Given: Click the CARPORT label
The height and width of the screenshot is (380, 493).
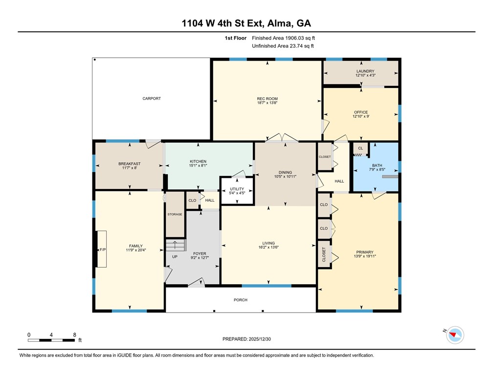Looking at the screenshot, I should (152, 99).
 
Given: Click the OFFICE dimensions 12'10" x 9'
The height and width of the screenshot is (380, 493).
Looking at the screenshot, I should (361, 117).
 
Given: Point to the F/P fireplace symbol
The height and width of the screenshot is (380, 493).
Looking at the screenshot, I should (103, 250).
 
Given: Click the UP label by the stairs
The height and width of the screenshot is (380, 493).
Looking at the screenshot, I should (175, 257).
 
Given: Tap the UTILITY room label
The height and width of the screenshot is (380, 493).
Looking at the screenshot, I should (237, 189).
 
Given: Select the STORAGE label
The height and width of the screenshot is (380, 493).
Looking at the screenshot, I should (175, 214).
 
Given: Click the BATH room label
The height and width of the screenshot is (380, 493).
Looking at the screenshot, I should (377, 166).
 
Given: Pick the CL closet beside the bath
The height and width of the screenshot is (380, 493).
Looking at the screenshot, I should (360, 148).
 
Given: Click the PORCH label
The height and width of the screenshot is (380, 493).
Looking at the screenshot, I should (240, 300).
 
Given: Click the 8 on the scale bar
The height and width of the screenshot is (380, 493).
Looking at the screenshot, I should (74, 335).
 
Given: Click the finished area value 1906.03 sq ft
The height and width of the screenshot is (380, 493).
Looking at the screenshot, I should (287, 38).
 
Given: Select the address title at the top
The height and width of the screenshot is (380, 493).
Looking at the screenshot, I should (246, 23).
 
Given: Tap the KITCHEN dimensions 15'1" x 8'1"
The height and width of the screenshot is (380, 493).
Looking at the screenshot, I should (198, 166).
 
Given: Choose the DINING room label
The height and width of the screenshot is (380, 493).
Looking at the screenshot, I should (285, 172).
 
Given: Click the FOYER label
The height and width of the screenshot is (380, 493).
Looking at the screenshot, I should (199, 253).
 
